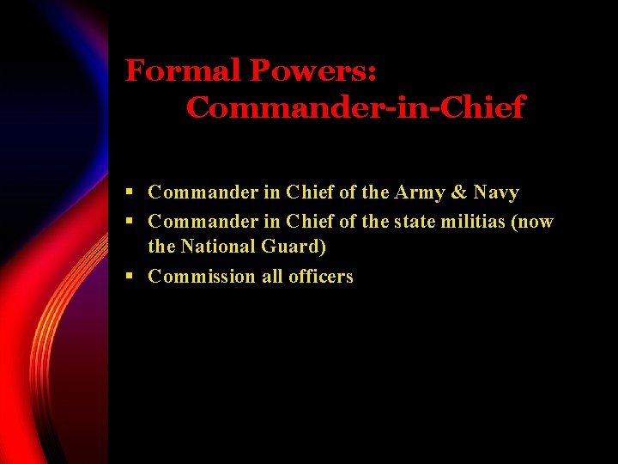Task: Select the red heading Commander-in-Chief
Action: pyautogui.click(x=354, y=108)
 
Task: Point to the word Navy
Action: pyautogui.click(x=496, y=192)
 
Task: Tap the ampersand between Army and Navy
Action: pyautogui.click(x=459, y=192)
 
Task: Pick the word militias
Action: pyautogui.click(x=471, y=222)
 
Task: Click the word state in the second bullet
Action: pyautogui.click(x=415, y=222)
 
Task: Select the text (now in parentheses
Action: pyautogui.click(x=533, y=222)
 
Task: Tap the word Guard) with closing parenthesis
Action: pyautogui.click(x=294, y=247)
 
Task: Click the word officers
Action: pyautogui.click(x=321, y=276)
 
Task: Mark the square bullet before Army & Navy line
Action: pyautogui.click(x=129, y=192)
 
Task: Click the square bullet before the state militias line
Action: pyautogui.click(x=129, y=222)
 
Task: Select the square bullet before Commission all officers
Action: pyautogui.click(x=129, y=276)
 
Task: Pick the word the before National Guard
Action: pyautogui.click(x=161, y=247)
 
